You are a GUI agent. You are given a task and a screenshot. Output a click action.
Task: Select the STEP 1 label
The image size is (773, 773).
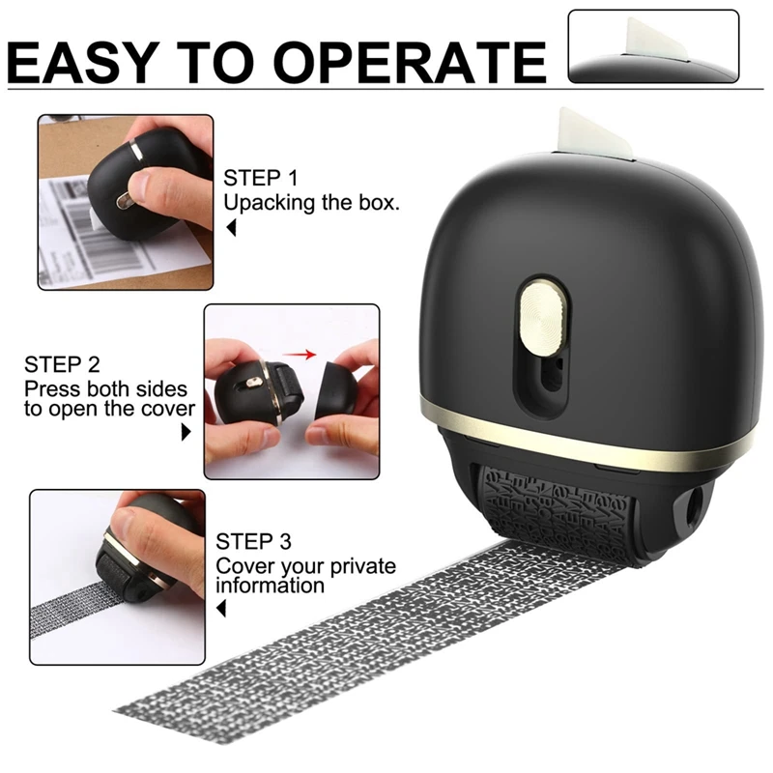pos(261,179)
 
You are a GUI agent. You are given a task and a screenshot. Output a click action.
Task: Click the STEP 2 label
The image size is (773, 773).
pos(62,365)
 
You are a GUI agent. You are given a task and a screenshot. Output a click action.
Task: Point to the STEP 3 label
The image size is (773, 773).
pos(253,541)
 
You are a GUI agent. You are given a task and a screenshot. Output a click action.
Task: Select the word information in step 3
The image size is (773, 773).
pos(271,586)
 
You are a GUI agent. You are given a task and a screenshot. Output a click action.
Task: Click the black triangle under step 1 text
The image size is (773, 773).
pos(230,229)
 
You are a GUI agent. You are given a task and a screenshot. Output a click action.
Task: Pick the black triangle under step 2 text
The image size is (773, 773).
pos(186,433)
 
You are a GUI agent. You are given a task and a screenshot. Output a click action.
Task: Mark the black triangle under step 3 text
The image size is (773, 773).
pos(221,609)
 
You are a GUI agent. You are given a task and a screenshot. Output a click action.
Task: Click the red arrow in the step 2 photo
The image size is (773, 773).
pos(305,355)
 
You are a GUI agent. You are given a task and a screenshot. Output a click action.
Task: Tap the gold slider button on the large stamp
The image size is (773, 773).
pos(539,321)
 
